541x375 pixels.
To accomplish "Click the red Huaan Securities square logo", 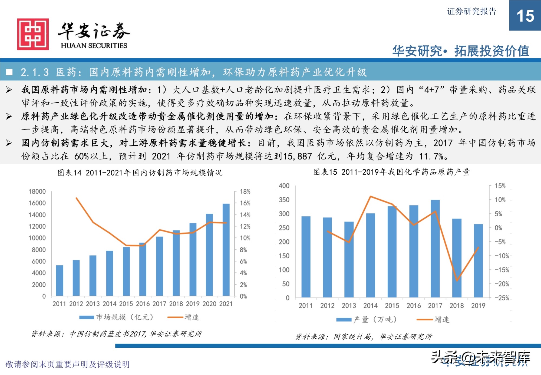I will point(33,34).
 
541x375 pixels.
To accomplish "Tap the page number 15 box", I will point(525,15).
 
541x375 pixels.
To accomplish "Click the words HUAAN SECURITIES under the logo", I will point(94,45).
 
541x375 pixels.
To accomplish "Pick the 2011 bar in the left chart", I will point(59,280).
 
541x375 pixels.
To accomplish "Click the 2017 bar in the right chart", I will point(435,249).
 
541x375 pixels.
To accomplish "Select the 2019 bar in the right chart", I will point(478,260).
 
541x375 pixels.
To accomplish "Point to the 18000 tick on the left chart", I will point(37,191).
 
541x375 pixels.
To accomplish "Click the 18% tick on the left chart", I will point(245,191).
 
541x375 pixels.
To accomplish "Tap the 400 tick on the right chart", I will point(284,186).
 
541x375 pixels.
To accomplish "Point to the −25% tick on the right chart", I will point(502,298).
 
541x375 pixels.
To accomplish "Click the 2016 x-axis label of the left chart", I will point(143,304).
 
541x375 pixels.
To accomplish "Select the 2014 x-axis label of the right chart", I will point(370,306).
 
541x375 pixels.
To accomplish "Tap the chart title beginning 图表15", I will point(391,172).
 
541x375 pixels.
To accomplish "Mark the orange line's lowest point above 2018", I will point(457,281).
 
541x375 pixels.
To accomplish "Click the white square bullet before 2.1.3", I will point(9,72).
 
